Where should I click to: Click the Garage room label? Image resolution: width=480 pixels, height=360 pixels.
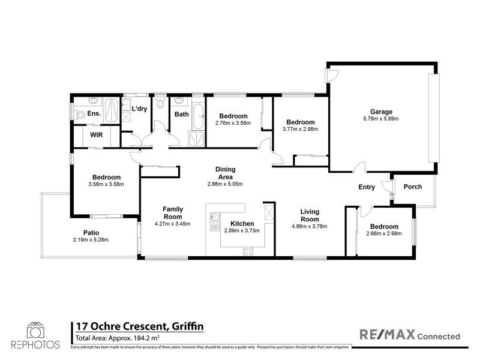coord(381,112)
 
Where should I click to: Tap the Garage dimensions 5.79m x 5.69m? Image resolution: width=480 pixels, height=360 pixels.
coord(381,119)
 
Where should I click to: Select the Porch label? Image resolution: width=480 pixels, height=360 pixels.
coord(412,187)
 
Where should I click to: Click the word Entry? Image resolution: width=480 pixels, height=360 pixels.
coord(367,187)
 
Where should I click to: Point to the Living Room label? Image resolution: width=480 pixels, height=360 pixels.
coord(310,215)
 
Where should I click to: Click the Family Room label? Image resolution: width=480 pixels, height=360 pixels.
coord(173,213)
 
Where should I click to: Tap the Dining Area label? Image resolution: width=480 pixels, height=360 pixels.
coord(225,173)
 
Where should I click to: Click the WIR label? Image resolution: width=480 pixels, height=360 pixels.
coord(97,136)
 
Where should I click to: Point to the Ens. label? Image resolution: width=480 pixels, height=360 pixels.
coord(94,113)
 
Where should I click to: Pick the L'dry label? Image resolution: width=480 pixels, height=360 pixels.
coord(139,109)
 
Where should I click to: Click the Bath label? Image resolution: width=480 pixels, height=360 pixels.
coord(181,114)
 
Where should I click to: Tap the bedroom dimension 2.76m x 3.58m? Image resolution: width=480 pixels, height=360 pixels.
coord(233,123)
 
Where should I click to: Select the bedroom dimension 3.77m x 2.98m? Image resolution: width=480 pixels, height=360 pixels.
coord(301,129)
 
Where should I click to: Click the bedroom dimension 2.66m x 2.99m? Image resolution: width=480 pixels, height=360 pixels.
coord(384,234)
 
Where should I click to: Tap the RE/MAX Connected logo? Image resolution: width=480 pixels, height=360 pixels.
coord(409,335)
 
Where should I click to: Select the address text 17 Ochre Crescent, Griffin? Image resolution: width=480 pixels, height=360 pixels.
coord(138,326)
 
